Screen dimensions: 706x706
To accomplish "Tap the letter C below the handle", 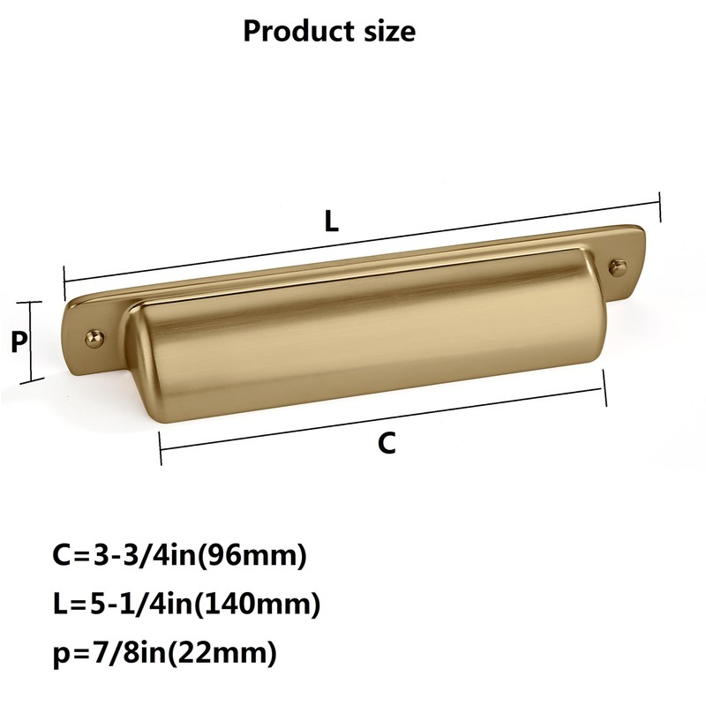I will click(x=387, y=443).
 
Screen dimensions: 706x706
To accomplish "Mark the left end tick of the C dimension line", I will click(x=161, y=448).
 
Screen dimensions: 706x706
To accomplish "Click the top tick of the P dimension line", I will click(x=31, y=302).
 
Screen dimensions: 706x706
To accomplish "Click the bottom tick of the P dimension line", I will click(x=31, y=380).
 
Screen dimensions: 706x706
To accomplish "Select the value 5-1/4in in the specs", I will click(x=141, y=605).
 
